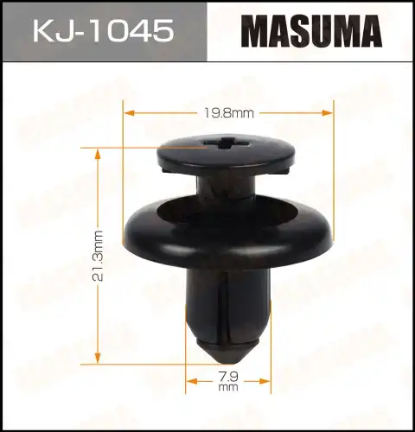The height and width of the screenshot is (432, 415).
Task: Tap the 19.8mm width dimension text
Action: (230, 111)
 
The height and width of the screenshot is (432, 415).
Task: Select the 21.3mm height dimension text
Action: (99, 257)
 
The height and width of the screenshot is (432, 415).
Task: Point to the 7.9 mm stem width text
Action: (228, 380)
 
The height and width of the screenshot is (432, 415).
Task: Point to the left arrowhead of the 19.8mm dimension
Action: (128, 111)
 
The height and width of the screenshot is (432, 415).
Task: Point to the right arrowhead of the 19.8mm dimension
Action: (329, 111)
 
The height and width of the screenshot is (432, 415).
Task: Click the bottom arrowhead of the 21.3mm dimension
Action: (99, 360)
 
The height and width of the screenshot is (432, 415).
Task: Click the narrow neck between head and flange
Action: (228, 187)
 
